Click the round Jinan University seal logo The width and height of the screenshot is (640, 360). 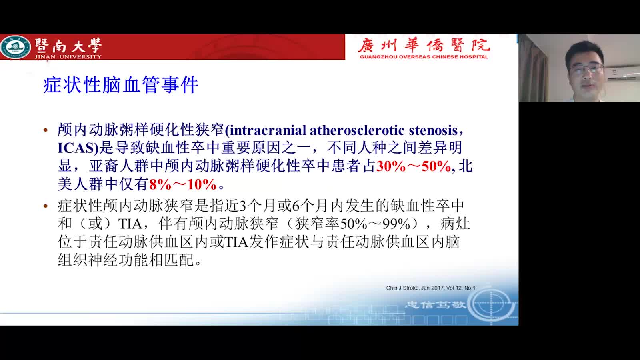[15, 47]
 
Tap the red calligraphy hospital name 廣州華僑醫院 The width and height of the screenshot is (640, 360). [424, 46]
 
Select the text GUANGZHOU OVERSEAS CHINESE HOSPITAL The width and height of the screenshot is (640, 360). [424, 57]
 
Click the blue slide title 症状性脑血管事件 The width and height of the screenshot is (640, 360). [121, 85]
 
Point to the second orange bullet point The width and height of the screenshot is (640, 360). [46, 206]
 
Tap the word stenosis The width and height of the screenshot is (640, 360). [434, 130]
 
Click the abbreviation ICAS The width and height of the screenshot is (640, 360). [76, 148]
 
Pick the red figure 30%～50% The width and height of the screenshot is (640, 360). [414, 166]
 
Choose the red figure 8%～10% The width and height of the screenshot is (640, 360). [183, 184]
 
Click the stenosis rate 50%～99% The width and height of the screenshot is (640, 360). [375, 224]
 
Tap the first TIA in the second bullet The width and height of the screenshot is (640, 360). [130, 224]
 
